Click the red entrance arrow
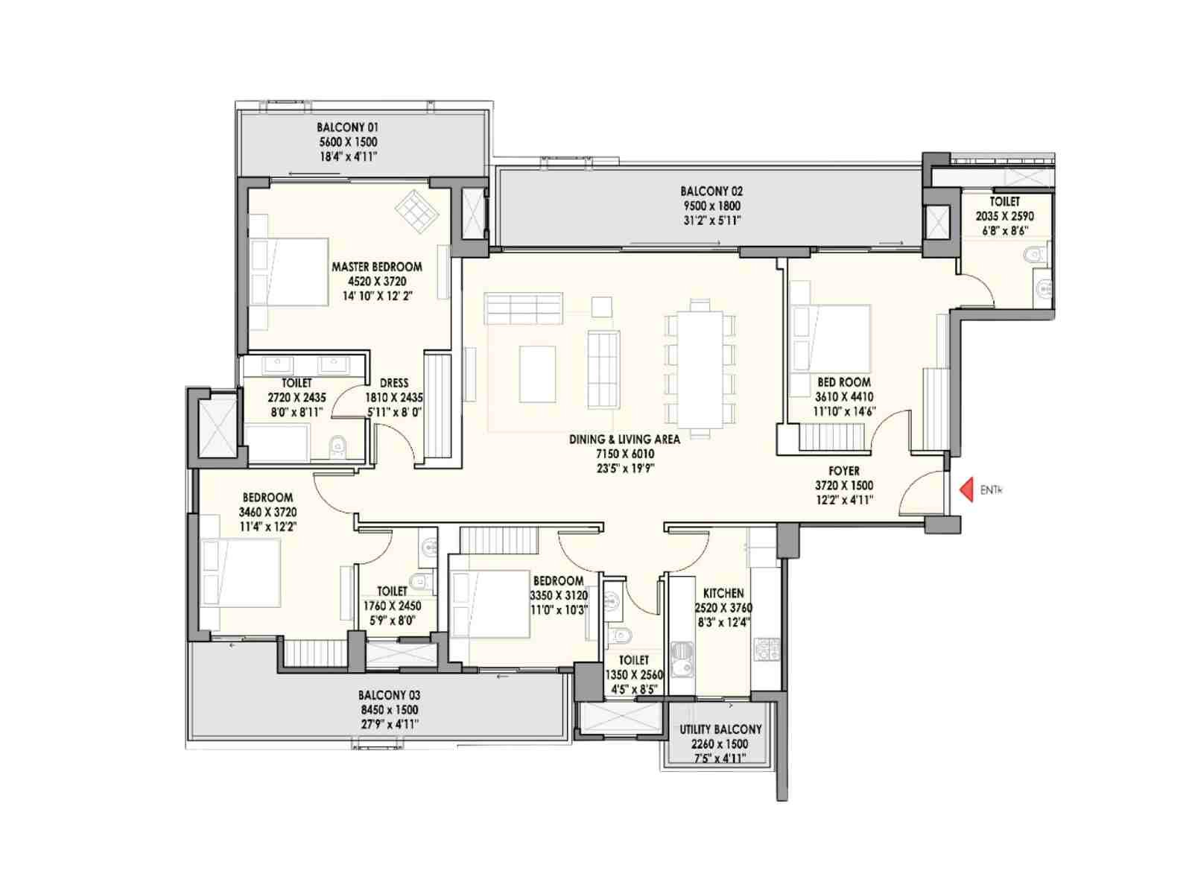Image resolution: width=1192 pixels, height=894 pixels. tap(965, 490)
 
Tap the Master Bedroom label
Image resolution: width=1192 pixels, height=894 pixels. tap(376, 267)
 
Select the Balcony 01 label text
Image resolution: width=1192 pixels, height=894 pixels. tap(348, 127)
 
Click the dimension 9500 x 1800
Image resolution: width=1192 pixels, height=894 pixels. tap(711, 206)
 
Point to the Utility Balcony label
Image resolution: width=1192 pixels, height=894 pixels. tap(720, 729)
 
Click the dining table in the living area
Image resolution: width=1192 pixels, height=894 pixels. tap(700, 369)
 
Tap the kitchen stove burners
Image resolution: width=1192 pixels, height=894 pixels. tap(767, 649)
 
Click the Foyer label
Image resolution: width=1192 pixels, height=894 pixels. tap(844, 471)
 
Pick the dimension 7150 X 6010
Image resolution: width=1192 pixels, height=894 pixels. tap(625, 454)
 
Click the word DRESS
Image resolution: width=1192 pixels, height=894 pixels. tap(393, 383)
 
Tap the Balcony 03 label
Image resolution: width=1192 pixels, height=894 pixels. tap(389, 695)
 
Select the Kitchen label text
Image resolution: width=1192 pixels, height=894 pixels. tap(723, 593)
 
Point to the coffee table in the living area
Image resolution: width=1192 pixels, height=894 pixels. tap(537, 374)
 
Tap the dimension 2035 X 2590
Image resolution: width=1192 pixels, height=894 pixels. tap(1005, 216)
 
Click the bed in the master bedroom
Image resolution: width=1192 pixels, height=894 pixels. tap(289, 271)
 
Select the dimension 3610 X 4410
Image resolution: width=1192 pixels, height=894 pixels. tap(844, 397)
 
